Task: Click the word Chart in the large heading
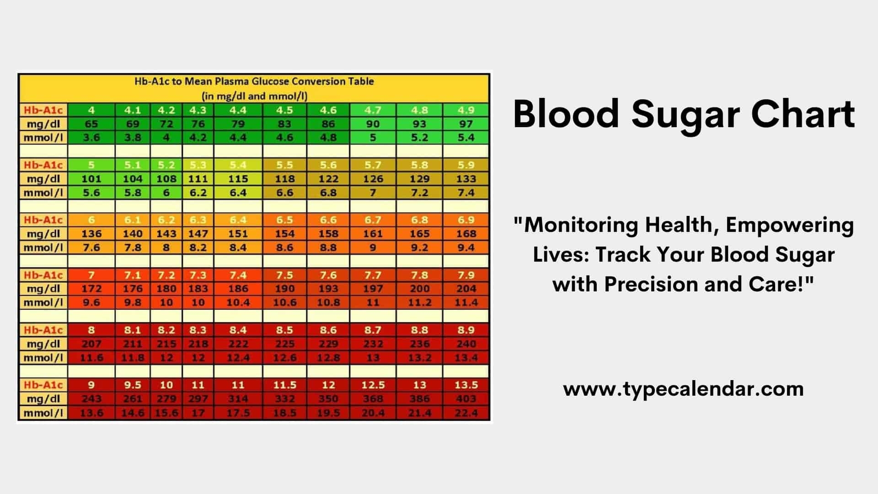pyautogui.click(x=803, y=114)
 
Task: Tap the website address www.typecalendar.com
pyautogui.click(x=683, y=389)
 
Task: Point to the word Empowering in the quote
pyautogui.click(x=790, y=225)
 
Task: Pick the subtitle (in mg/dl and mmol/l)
pyautogui.click(x=255, y=96)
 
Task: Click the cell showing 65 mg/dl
pyautogui.click(x=91, y=124)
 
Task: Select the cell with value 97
pyautogui.click(x=466, y=124)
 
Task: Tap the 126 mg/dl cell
pyautogui.click(x=373, y=179)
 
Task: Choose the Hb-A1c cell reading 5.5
pyautogui.click(x=284, y=165)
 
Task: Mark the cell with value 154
pyautogui.click(x=284, y=234)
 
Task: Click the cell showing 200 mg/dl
pyautogui.click(x=419, y=289)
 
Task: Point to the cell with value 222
pyautogui.click(x=238, y=344)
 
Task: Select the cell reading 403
pyautogui.click(x=466, y=399)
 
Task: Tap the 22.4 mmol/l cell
pyautogui.click(x=466, y=413)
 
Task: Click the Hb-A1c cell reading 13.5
pyautogui.click(x=466, y=385)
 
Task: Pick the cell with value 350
pyautogui.click(x=328, y=399)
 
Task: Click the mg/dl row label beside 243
pyautogui.click(x=43, y=399)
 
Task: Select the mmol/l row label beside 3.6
pyautogui.click(x=43, y=138)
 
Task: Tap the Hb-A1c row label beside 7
pyautogui.click(x=43, y=275)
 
